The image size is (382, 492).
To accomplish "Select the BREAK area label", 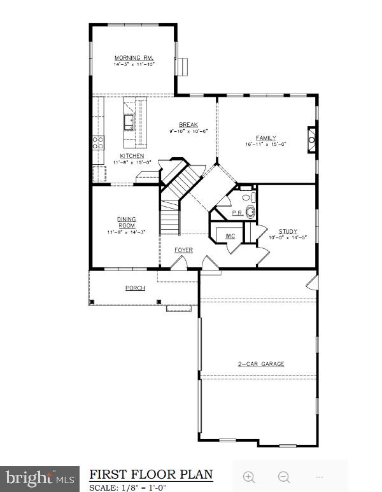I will (188, 125).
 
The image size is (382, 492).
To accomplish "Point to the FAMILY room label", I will (266, 137).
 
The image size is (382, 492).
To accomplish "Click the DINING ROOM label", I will (126, 222).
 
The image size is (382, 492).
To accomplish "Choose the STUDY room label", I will (288, 232).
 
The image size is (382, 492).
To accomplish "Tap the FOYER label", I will (183, 250).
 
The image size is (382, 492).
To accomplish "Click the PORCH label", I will (135, 288).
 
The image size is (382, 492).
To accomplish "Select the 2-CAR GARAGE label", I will (261, 364).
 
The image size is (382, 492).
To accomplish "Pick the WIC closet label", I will (230, 236).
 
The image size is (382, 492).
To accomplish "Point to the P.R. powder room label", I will (237, 213).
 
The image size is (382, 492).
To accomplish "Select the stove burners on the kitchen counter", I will (99, 143).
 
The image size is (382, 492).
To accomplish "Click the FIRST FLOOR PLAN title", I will (151, 474).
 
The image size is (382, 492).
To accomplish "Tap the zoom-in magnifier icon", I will (250, 477).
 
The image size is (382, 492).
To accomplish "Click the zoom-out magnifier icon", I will (284, 477).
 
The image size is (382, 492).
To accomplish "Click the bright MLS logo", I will (39, 477).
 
